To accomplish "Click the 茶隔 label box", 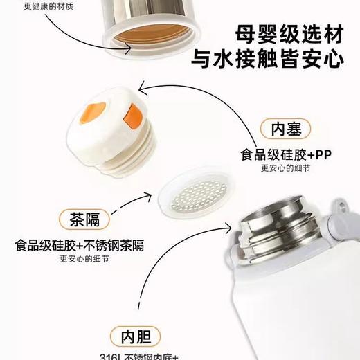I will click(84, 219).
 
